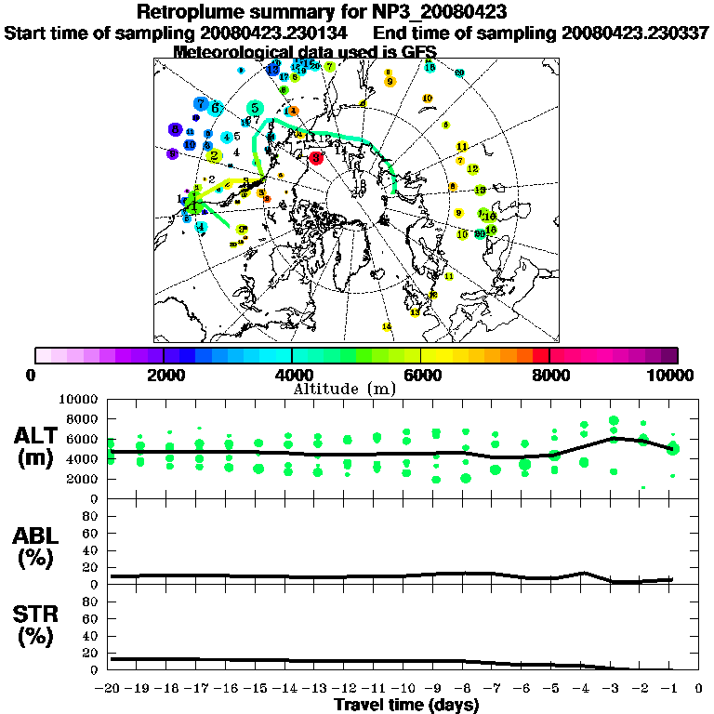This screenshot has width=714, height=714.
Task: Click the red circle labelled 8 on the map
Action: click(316, 158)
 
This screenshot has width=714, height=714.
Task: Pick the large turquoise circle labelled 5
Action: click(254, 109)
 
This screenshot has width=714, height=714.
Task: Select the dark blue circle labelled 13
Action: click(272, 69)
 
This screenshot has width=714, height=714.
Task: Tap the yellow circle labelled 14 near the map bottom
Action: click(387, 326)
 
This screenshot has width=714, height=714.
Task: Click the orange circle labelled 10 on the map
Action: click(428, 99)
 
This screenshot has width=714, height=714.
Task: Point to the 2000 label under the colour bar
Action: click(164, 375)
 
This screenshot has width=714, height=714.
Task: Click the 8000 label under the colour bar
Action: click(549, 375)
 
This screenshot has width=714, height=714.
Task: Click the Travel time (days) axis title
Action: click(406, 705)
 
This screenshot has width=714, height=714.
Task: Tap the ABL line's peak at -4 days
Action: click(584, 573)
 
